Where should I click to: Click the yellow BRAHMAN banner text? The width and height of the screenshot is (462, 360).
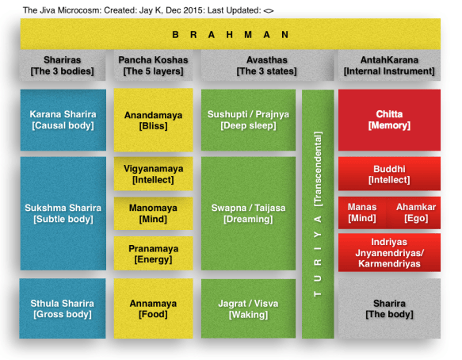(230, 35)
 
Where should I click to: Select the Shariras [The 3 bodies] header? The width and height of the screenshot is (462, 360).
(63, 65)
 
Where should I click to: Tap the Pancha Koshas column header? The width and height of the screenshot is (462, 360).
(153, 65)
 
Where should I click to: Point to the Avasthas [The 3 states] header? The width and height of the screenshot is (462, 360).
(267, 65)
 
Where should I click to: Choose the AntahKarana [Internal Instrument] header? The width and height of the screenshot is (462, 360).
(389, 65)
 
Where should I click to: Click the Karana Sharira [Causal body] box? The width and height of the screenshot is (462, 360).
(63, 120)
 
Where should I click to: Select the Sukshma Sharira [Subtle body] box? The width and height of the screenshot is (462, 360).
(63, 213)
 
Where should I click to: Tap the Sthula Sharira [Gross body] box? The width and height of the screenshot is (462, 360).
(63, 308)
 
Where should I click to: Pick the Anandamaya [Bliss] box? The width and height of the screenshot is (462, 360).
(153, 120)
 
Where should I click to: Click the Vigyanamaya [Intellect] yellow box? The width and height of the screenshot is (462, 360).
(153, 174)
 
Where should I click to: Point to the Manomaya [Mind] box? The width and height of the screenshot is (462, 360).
(153, 213)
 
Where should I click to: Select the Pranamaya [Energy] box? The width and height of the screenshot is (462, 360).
(153, 254)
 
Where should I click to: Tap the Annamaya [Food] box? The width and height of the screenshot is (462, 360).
(153, 308)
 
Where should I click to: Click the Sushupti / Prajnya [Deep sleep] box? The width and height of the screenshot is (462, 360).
(248, 120)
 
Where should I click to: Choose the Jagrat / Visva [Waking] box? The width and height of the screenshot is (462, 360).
(248, 308)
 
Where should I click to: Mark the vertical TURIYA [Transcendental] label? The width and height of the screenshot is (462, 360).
(318, 214)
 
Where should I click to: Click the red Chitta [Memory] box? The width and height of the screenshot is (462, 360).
(389, 120)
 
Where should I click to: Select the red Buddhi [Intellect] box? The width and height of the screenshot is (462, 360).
(389, 174)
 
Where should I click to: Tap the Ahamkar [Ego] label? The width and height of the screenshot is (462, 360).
(416, 213)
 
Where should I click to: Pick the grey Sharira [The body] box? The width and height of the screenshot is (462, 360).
(389, 308)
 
